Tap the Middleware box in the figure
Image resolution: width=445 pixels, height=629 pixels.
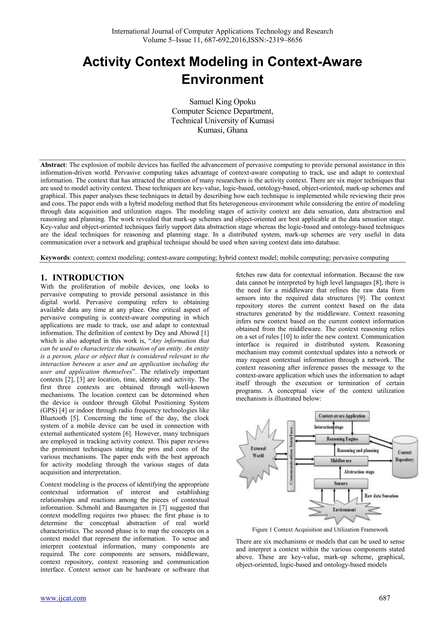[341, 461]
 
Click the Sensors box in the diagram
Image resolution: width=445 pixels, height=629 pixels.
[341, 483]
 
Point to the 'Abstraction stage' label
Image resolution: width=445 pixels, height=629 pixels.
[359, 472]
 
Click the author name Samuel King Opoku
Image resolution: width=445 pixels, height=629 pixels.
[222, 102]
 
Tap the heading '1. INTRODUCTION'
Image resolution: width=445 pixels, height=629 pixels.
[82, 278]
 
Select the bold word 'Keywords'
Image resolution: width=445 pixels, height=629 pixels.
[55, 258]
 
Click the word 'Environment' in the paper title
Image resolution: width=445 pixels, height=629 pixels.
[222, 80]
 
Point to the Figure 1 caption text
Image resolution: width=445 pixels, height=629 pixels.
[320, 530]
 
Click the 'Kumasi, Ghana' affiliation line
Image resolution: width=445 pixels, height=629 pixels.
[222, 130]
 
